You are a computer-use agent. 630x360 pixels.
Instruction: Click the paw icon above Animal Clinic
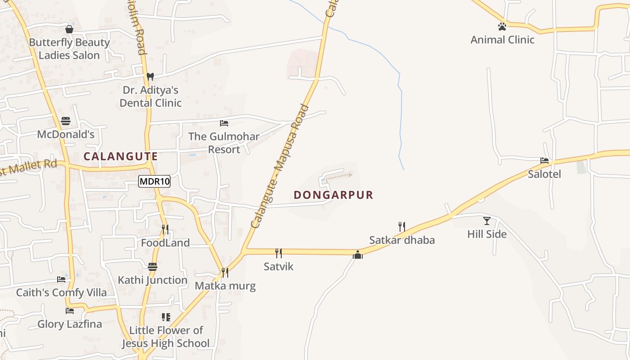[x=502, y=27]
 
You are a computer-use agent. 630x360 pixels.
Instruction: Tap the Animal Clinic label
[x=502, y=40]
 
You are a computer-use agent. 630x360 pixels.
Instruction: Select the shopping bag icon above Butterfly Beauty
[x=69, y=29]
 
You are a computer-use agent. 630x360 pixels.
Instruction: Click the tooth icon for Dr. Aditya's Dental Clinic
[x=150, y=76]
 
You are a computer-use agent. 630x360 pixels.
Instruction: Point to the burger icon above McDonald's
[x=66, y=121]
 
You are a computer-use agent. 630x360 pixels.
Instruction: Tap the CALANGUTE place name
[x=121, y=157]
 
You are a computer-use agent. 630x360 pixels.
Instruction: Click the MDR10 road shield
[x=154, y=182]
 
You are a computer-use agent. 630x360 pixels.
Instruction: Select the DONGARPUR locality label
[x=333, y=195]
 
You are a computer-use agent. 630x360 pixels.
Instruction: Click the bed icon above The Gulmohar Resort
[x=224, y=123]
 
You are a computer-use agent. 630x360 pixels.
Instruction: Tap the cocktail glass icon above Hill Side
[x=487, y=220]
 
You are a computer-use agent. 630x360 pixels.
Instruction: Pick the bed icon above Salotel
[x=544, y=160]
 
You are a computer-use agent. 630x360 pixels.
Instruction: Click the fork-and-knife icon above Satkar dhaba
[x=402, y=226]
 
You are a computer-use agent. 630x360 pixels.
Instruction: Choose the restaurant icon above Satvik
[x=279, y=253]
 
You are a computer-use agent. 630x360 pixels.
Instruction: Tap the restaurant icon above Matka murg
[x=225, y=272]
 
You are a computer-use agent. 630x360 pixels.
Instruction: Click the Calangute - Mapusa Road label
[x=279, y=166]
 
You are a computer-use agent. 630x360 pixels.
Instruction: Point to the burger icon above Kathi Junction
[x=153, y=266]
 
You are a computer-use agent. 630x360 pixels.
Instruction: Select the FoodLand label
[x=165, y=243]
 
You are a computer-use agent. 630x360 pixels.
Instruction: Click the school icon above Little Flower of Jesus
[x=166, y=317]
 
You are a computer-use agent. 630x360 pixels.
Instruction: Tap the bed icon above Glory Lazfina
[x=70, y=310]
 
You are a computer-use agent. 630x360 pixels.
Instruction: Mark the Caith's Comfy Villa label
[x=62, y=292]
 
